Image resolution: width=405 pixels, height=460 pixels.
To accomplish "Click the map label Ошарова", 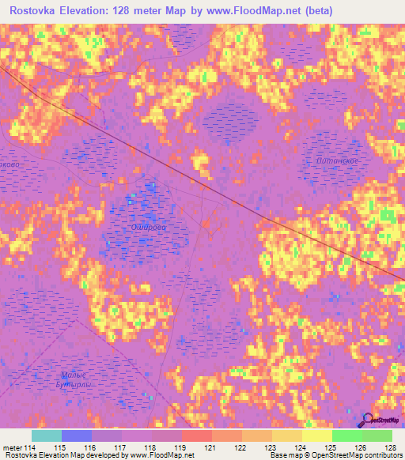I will coord(146,226).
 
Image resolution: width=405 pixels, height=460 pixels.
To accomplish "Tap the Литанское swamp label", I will coord(341,161).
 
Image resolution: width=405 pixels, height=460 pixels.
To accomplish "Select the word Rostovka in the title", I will coord(36,11).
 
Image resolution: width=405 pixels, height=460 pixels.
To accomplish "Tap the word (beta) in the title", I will coord(315,11).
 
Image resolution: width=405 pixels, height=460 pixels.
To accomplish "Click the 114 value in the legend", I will coord(31,447).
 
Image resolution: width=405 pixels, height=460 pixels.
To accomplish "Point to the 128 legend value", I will coord(390,447).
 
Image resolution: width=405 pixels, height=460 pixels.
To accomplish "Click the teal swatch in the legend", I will coord(46,435).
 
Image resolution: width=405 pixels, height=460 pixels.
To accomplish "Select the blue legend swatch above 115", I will coord(76,435).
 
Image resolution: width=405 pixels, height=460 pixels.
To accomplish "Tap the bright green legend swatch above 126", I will coord(346,435).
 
